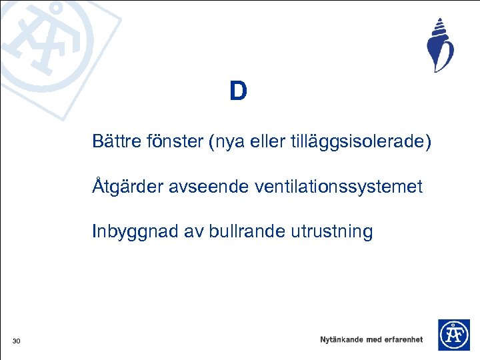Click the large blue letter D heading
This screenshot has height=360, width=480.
pos(238,91)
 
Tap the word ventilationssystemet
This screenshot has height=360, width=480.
pos(338,187)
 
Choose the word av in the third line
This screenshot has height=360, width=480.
pos(191,232)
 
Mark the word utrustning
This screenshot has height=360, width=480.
pos(331,232)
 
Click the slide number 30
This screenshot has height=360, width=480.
pos(17,342)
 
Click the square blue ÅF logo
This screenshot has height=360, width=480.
pos(453,335)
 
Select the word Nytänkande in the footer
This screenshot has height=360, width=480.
pos(341,339)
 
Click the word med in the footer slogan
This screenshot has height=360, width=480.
pos(374,339)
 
